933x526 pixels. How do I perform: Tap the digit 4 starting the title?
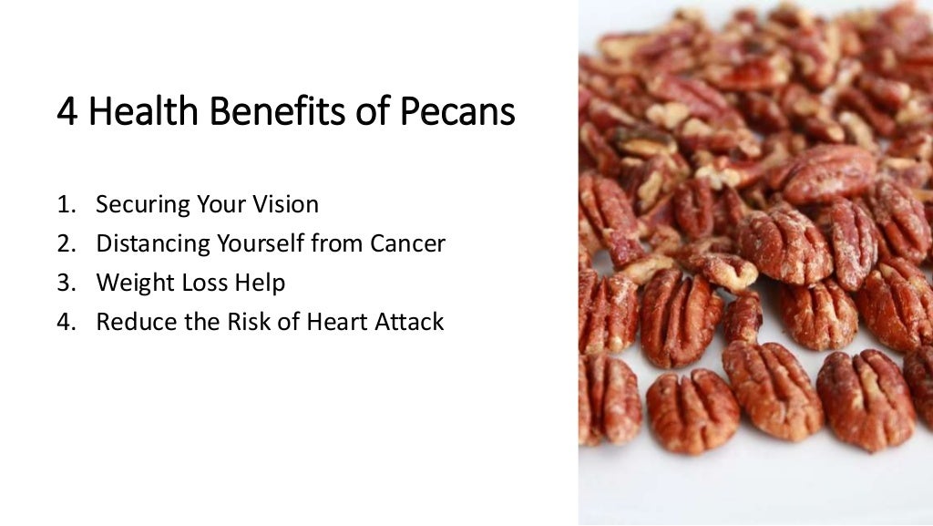pos(67,112)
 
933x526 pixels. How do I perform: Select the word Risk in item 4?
pos(229,322)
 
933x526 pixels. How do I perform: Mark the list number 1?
pos(65,204)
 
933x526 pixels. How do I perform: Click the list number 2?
pos(65,243)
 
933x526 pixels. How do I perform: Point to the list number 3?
pos(65,283)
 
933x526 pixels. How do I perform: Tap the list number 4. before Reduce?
pos(65,322)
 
